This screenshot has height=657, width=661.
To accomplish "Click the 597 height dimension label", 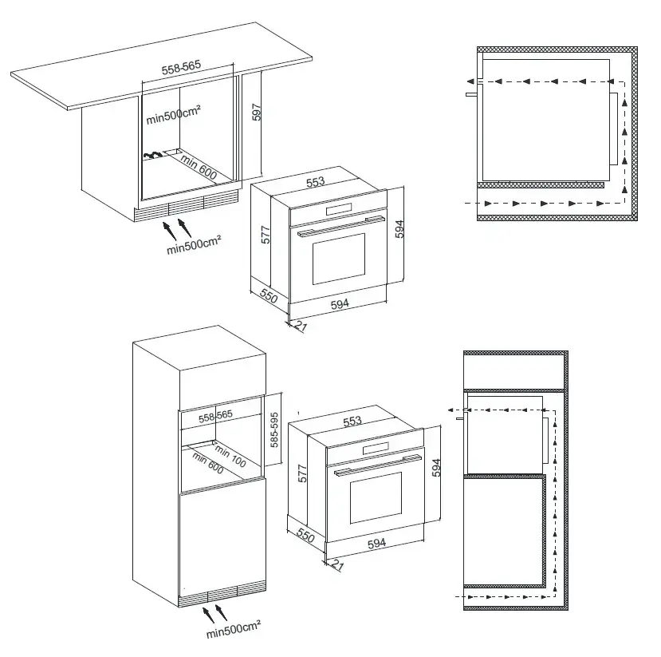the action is point(256,113).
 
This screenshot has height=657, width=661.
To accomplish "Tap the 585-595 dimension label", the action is point(274,430).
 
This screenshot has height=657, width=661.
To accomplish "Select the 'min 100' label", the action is point(230,456).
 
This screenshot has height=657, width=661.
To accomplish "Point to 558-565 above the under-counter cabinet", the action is point(181,68).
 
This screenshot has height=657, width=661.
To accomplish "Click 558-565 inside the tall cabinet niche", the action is point(215,416).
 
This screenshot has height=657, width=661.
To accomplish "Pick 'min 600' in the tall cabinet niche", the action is point(207,462).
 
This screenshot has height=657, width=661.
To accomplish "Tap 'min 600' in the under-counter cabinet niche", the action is point(199,166).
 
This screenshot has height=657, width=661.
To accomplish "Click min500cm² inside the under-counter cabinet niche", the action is point(173,115).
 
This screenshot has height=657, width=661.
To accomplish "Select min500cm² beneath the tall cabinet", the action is point(233,630).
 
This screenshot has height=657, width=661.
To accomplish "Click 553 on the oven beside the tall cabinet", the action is point(352,421).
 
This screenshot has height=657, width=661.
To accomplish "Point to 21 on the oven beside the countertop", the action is point(301,326).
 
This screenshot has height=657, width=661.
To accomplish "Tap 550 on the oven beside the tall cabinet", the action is point(305,535).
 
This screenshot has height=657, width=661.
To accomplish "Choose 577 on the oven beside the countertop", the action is point(266,235).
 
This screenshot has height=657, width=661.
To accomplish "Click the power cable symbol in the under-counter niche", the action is point(152,156).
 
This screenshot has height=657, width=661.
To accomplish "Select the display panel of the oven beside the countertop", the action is point(339,209).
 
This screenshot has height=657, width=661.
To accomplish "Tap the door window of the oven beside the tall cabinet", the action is point(376,497).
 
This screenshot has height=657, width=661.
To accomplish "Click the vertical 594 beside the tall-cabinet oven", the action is point(437,468).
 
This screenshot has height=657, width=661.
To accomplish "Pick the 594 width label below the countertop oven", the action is point(340,304).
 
